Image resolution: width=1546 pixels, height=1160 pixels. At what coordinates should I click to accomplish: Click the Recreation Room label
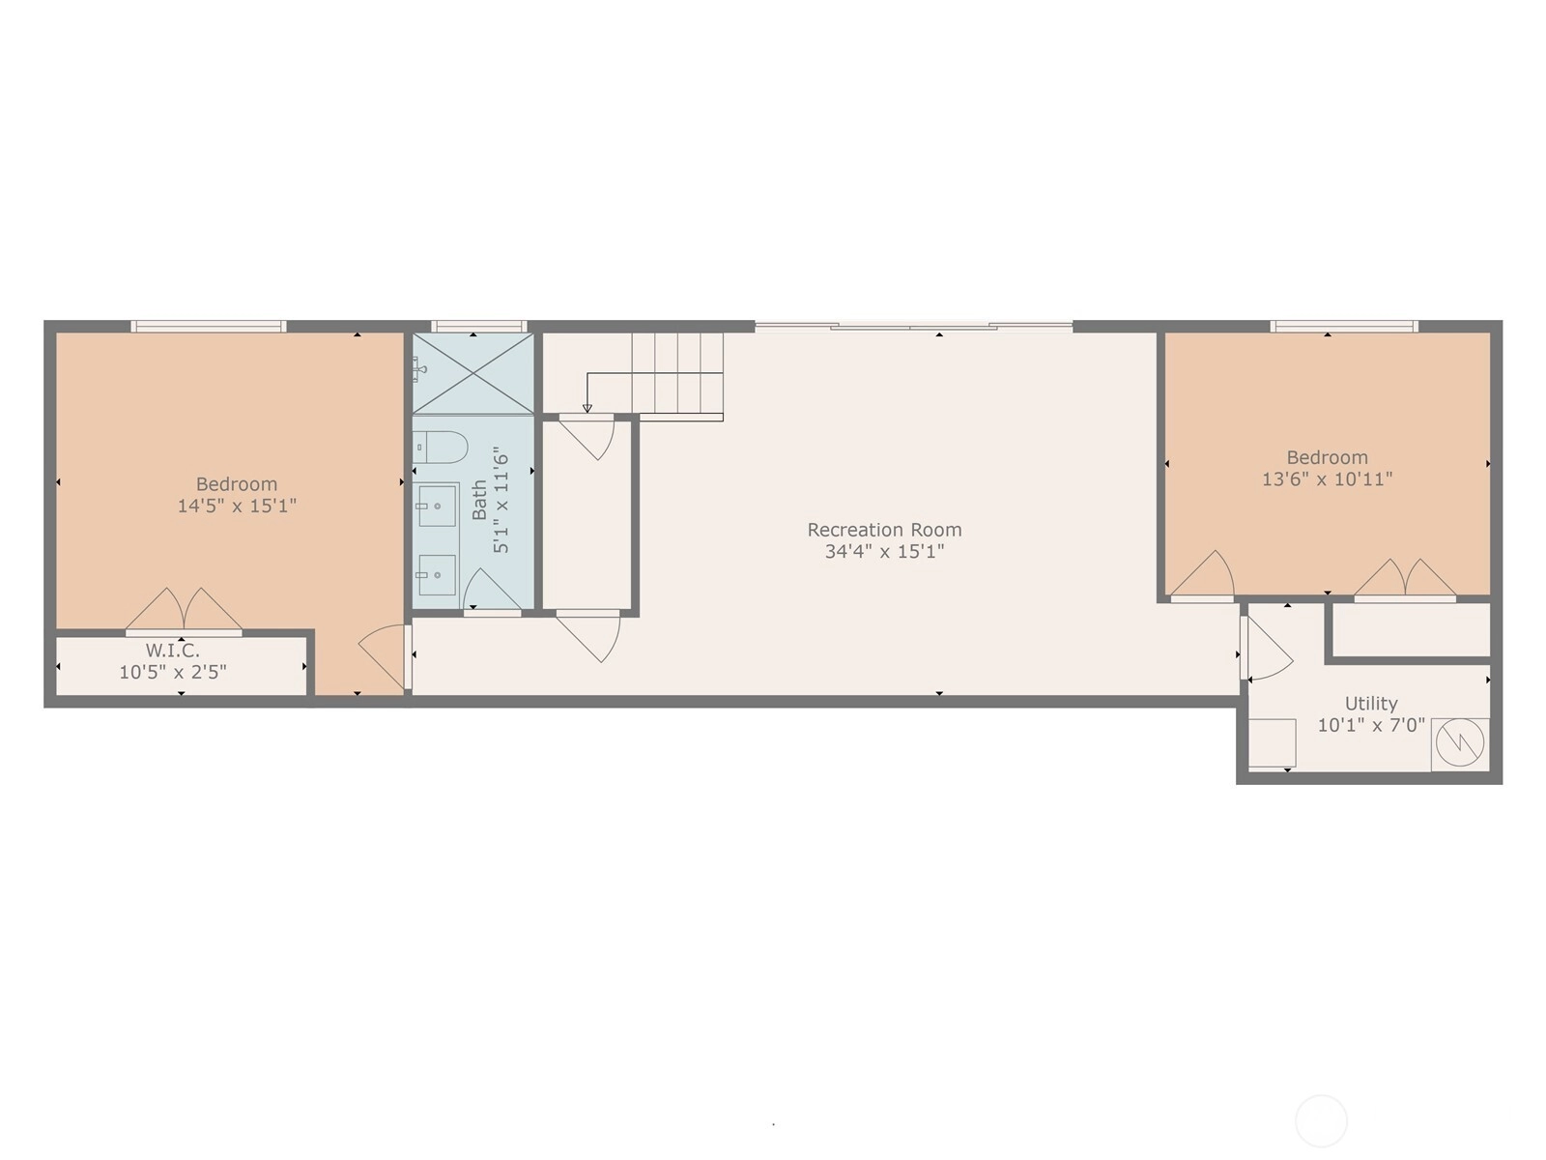click(884, 530)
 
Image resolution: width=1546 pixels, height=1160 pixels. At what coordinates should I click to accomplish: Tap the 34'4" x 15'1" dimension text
click(884, 551)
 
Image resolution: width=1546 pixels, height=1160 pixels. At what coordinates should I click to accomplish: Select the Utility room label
click(1370, 704)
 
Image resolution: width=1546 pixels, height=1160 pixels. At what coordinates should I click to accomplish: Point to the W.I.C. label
click(173, 650)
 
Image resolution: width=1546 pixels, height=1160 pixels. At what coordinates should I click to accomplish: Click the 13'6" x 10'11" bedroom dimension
click(1327, 478)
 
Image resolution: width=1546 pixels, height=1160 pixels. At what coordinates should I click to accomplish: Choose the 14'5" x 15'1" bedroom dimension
click(237, 506)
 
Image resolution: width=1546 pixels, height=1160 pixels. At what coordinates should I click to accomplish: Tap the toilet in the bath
click(441, 448)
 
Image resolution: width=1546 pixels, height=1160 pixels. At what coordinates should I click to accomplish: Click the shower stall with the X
click(472, 373)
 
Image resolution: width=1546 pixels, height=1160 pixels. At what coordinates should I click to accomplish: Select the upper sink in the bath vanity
click(437, 506)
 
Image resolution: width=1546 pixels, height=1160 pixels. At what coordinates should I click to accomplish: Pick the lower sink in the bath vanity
click(437, 575)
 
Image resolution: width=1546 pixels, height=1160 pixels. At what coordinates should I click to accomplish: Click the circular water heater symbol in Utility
click(1460, 741)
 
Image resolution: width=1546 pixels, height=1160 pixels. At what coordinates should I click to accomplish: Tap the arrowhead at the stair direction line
click(587, 408)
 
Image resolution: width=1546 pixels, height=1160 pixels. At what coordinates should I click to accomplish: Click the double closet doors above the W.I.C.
click(184, 610)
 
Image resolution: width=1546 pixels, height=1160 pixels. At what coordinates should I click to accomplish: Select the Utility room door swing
click(1268, 649)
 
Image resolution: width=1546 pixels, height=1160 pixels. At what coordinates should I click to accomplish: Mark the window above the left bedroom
click(209, 326)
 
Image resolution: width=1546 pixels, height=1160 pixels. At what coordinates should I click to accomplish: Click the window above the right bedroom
click(1344, 326)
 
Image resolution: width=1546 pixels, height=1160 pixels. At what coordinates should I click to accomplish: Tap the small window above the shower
click(479, 326)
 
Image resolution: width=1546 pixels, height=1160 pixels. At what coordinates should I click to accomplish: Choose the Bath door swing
click(493, 591)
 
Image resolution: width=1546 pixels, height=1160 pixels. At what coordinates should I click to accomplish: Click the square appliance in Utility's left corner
click(1272, 743)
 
